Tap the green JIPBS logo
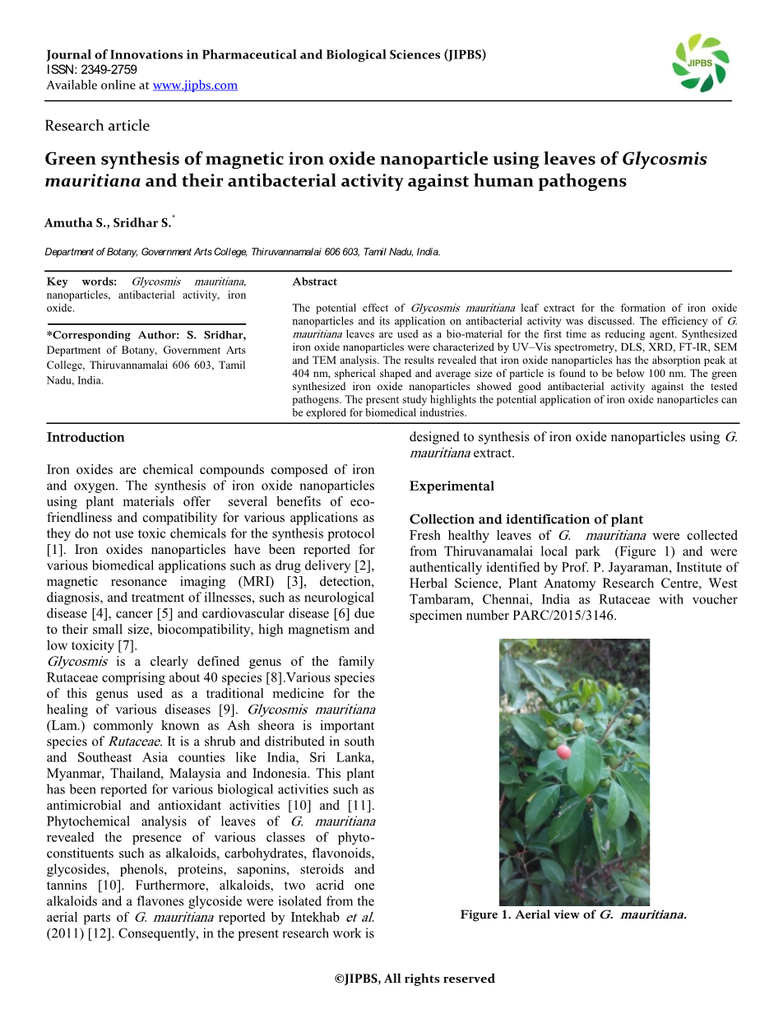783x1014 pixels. [x=700, y=63]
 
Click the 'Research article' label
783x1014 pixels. [x=97, y=126]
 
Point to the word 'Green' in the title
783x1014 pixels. [x=71, y=160]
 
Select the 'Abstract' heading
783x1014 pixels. [x=314, y=281]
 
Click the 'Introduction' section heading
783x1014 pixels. [x=86, y=437]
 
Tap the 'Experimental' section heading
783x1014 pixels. [x=452, y=486]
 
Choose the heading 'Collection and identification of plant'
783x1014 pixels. [x=526, y=519]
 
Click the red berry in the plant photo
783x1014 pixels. [x=564, y=751]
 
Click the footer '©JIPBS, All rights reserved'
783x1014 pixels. [x=415, y=979]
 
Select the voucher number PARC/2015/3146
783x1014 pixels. [x=558, y=616]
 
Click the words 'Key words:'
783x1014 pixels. [x=81, y=281]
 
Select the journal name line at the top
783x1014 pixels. [x=266, y=55]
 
